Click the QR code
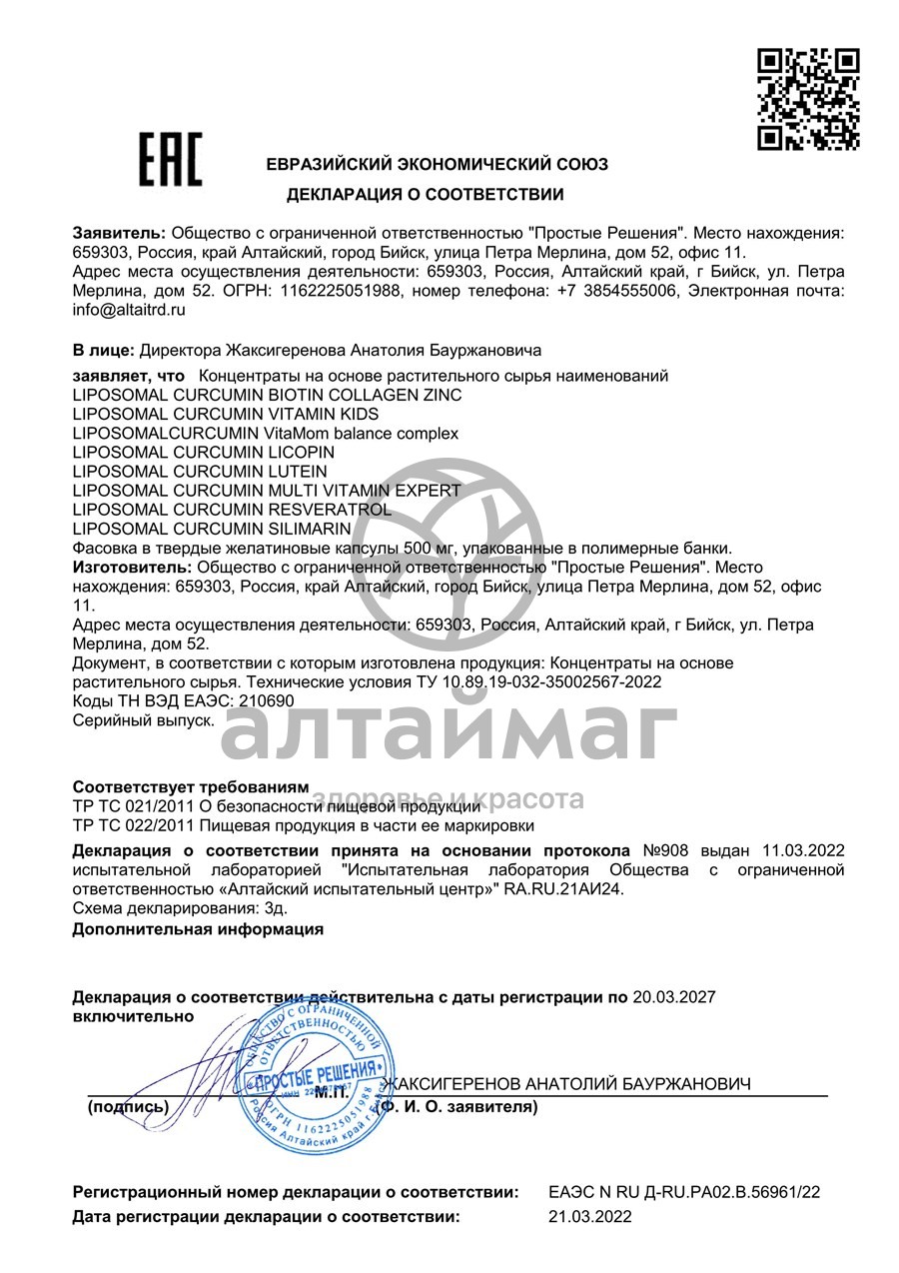808,99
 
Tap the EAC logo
169,160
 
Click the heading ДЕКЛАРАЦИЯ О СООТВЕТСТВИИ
425,194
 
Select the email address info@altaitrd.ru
130,310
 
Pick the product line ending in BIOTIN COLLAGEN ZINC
268,395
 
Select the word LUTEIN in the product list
294,471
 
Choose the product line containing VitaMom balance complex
266,433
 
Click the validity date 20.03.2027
674,997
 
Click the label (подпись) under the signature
129,1107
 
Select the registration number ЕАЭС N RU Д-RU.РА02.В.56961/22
684,1192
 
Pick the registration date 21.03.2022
590,1217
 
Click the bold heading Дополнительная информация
198,928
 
